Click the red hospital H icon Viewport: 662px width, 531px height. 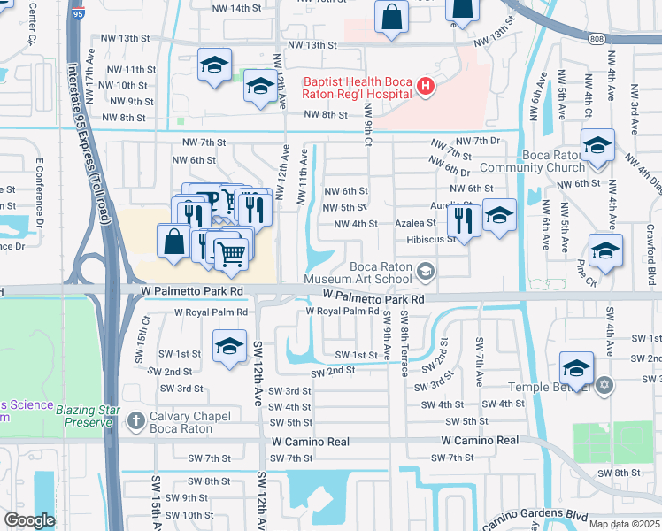click(426, 87)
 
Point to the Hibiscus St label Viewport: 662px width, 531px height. click(425, 239)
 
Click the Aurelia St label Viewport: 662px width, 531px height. click(451, 205)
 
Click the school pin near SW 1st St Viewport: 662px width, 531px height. click(229, 346)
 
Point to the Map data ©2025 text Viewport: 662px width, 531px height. click(624, 524)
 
